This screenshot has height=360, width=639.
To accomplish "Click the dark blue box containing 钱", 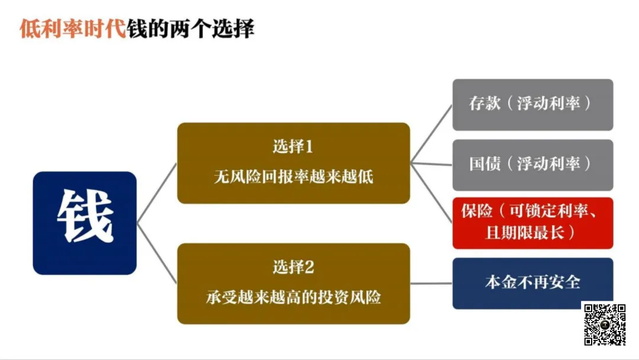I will tap(85, 223).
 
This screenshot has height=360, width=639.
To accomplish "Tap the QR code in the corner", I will tap(605, 324).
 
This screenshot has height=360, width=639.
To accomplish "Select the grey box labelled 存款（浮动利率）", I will tap(532, 104).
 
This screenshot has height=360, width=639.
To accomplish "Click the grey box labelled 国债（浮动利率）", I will tap(532, 165).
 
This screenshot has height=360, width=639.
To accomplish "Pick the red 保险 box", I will tap(532, 223).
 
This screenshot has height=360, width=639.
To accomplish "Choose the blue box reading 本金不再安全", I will tap(532, 283).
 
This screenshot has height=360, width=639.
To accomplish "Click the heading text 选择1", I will tap(293, 146).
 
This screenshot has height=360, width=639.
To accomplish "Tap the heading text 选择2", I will tap(293, 267).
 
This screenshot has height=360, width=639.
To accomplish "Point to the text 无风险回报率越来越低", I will tap(293, 176).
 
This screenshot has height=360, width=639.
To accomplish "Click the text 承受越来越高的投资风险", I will tap(293, 297).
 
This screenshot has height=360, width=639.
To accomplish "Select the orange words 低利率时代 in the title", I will tap(73, 28).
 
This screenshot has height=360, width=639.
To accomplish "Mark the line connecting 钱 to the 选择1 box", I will tap(157, 193).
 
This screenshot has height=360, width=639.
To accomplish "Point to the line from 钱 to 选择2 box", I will tap(157, 253).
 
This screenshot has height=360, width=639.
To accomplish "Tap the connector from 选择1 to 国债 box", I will tap(431, 163).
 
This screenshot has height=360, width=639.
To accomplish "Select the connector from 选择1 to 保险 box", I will tap(431, 192).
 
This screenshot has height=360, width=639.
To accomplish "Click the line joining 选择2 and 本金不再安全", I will tap(431, 283).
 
